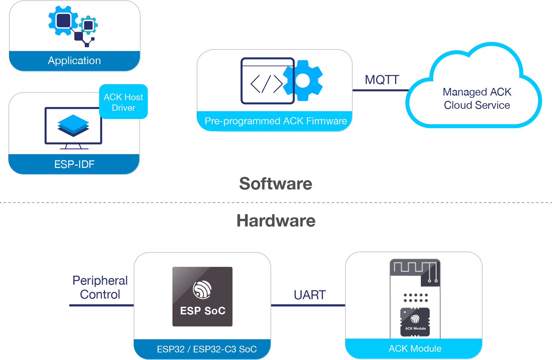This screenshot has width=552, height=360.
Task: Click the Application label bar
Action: click(74, 61)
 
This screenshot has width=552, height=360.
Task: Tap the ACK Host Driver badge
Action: click(123, 102)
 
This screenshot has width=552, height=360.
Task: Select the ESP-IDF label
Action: click(74, 164)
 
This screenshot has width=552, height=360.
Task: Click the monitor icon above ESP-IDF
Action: click(73, 127)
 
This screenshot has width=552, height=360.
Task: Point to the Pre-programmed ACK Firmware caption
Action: click(276, 121)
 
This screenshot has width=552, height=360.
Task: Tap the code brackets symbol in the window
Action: click(266, 84)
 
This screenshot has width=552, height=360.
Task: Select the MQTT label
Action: click(382, 80)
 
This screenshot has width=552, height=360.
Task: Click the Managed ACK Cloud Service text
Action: click(477, 99)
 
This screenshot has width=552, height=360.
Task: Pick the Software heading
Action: click(276, 184)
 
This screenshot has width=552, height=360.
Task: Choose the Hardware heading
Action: click(276, 221)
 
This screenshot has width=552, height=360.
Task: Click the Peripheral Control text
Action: click(100, 287)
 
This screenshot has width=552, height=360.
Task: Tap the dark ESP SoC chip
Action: click(202, 297)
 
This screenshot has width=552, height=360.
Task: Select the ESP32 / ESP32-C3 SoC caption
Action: click(206, 349)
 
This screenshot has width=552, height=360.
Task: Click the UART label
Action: click(310, 295)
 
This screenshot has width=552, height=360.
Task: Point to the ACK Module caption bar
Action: click(415, 348)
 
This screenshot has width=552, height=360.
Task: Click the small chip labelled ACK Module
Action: click(415, 322)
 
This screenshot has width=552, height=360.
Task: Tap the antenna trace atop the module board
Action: click(415, 267)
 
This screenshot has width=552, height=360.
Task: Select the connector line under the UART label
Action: click(308, 305)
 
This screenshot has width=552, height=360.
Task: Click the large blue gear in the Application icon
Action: click(63, 20)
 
